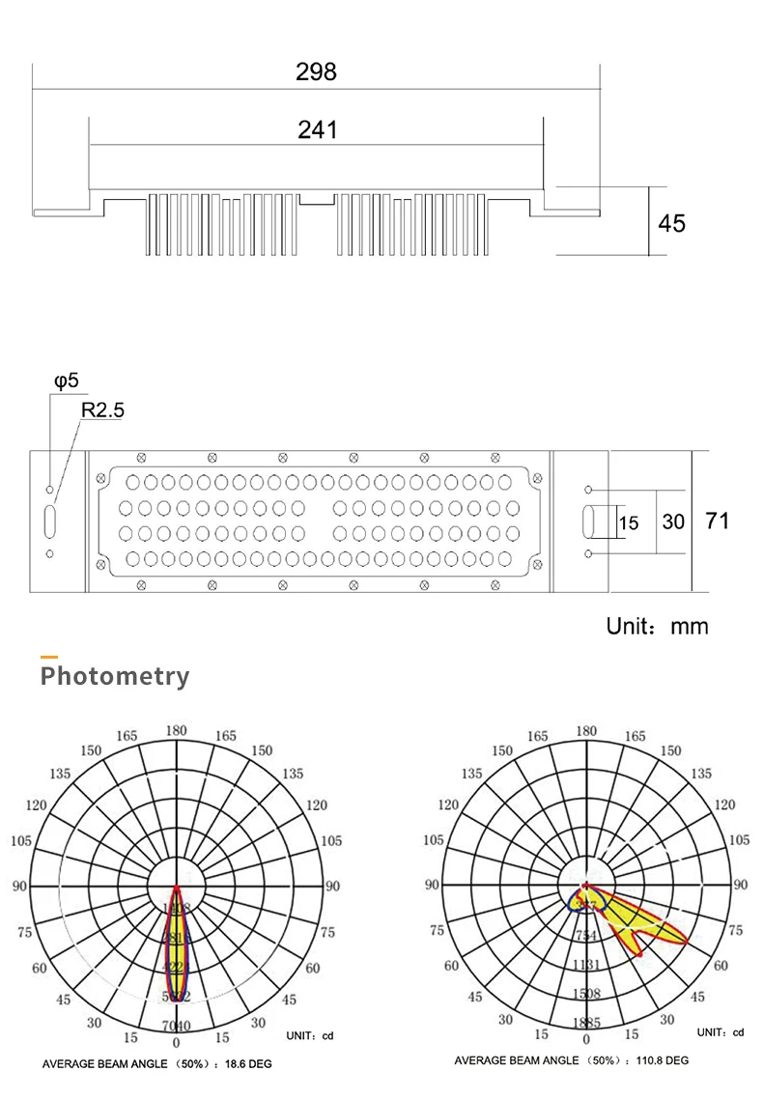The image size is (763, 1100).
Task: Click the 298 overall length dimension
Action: (317, 72)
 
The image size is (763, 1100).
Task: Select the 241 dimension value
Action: (317, 129)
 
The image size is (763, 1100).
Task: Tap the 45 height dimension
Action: (671, 223)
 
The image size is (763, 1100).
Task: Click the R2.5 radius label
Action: (102, 410)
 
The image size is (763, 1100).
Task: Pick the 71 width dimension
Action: (717, 521)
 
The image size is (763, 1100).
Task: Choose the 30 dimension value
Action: (673, 522)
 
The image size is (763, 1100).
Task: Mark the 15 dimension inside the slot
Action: (629, 522)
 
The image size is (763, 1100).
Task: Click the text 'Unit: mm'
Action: (657, 626)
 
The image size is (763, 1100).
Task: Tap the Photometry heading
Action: (115, 676)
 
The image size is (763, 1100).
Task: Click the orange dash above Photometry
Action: (48, 658)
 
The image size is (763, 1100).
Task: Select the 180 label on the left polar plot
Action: (176, 731)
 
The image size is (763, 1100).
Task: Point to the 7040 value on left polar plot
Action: (176, 1026)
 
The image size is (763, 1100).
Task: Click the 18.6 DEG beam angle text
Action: (248, 1063)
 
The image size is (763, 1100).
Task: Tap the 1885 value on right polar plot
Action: (586, 1023)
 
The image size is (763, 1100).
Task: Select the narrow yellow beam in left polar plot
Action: (177, 951)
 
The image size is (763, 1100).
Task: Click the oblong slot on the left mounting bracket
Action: (50, 522)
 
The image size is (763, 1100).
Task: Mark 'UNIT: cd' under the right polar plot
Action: (721, 1032)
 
